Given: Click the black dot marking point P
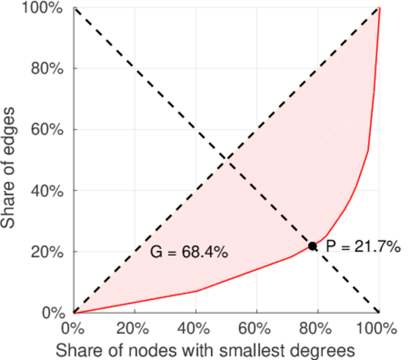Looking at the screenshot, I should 313,246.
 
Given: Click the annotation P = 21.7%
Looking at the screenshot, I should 363,246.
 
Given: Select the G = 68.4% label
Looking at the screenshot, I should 188,253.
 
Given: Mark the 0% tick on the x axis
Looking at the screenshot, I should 73,329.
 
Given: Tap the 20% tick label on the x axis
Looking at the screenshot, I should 134,329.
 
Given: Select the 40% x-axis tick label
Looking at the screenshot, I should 196,329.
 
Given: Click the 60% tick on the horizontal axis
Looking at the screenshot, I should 257,329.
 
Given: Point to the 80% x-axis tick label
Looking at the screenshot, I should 318,329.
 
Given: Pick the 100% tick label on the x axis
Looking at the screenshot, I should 378,329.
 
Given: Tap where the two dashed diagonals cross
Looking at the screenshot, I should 226,160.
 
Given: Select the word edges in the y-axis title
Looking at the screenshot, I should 10,124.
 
